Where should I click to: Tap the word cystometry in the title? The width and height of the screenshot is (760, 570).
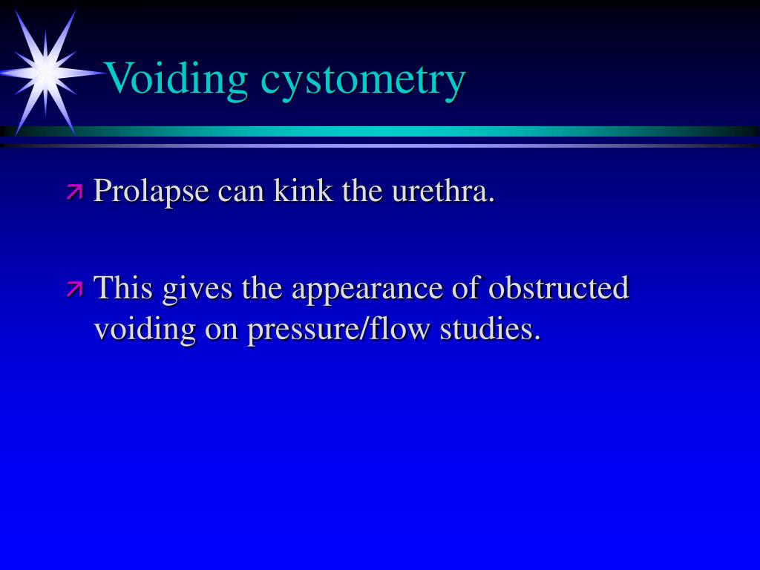(363, 79)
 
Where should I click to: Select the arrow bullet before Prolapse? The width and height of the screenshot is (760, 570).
(74, 193)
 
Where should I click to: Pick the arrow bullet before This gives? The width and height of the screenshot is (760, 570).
(74, 289)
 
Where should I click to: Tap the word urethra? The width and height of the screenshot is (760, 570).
(443, 191)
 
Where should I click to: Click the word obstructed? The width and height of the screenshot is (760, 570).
(559, 287)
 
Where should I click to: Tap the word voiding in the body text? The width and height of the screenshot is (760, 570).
(145, 329)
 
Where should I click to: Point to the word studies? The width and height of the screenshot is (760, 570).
(490, 328)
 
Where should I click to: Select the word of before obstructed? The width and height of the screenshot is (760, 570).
(465, 287)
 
